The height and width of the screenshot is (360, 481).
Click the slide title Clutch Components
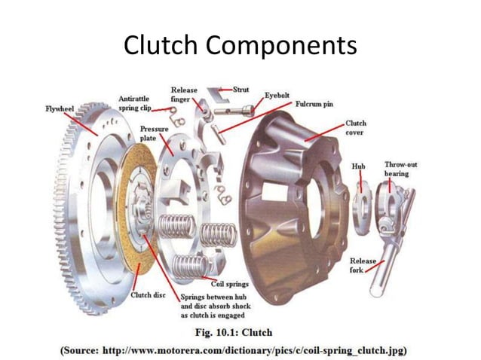click(240, 47)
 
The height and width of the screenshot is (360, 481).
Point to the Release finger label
click(184, 94)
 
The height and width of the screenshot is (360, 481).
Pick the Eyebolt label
click(277, 96)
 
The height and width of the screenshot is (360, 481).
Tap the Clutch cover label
click(357, 127)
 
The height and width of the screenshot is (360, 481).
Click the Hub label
click(358, 165)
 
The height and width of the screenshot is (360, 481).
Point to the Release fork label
click(362, 265)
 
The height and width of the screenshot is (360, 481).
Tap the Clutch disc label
click(149, 294)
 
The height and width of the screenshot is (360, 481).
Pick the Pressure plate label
click(154, 133)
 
